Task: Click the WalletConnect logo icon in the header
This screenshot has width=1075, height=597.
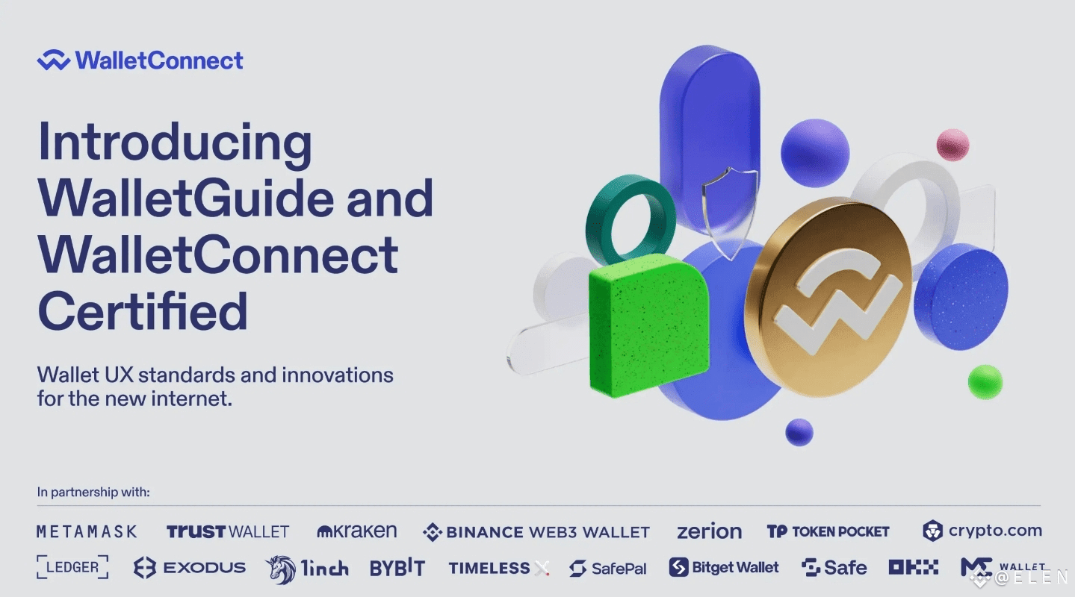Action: tap(54, 60)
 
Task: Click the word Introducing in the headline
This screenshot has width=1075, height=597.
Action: tap(175, 143)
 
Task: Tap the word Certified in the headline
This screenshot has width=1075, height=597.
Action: tap(143, 311)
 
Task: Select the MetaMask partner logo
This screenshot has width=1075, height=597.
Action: tap(87, 531)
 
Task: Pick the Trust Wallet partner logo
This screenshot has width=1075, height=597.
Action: tap(228, 531)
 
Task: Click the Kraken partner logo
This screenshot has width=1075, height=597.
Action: tap(357, 531)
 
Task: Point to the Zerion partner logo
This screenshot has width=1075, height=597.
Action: tap(709, 531)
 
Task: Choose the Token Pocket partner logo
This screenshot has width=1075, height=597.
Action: tap(828, 531)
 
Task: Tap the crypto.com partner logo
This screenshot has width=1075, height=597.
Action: tap(982, 531)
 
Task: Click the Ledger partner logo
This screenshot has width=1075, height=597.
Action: tap(72, 567)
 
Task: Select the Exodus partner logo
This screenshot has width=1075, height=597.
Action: tap(190, 568)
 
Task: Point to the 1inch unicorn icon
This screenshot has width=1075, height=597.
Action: tap(281, 569)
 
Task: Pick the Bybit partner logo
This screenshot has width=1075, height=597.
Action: tap(398, 568)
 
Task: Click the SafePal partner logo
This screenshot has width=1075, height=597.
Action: tap(608, 568)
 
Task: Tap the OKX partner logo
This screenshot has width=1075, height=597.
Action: tap(914, 567)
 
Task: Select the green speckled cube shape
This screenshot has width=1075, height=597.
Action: tap(648, 325)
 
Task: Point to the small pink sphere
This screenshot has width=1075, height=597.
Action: tap(952, 145)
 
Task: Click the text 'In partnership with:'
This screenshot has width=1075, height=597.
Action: tap(93, 492)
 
